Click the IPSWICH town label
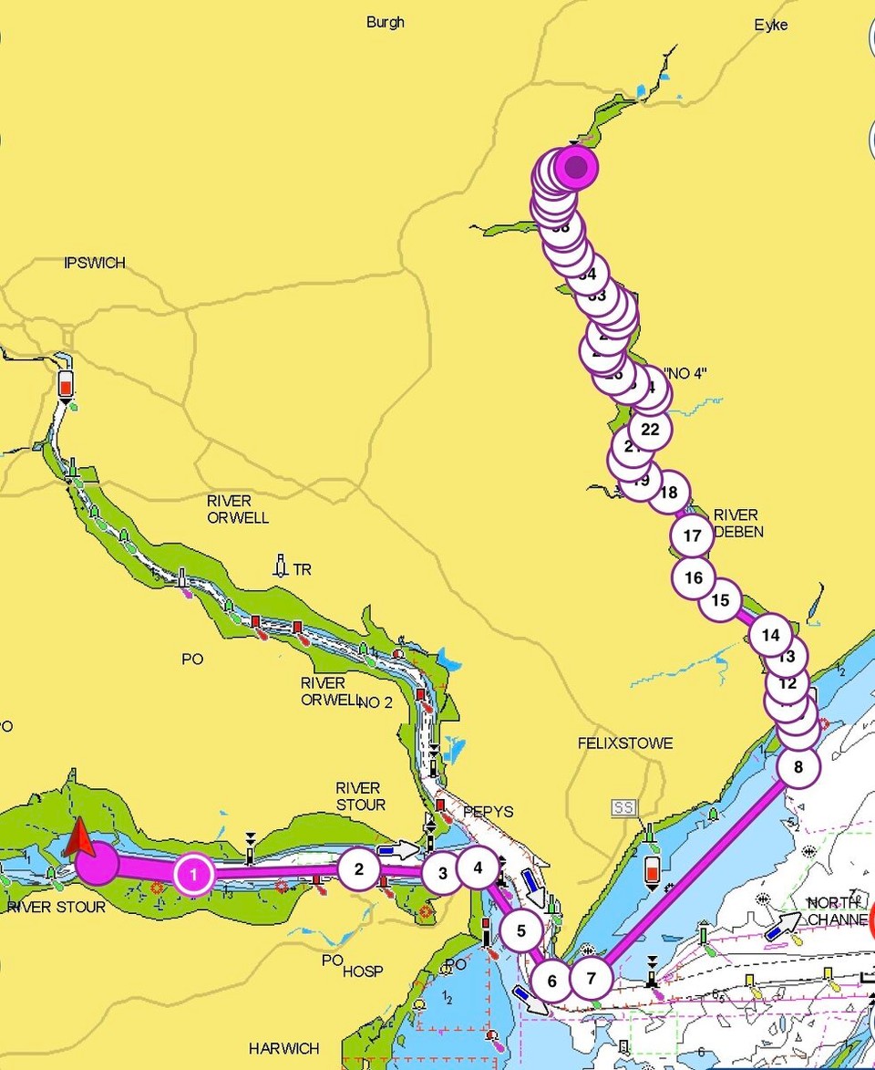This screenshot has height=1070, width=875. tap(95, 263)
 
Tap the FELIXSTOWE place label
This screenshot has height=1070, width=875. tap(625, 743)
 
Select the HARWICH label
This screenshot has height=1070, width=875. tap(283, 1048)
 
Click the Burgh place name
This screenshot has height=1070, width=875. tap(386, 22)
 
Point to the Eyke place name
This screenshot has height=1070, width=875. tap(771, 26)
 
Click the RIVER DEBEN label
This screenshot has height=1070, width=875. tap(738, 523)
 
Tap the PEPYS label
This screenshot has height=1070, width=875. tap(488, 811)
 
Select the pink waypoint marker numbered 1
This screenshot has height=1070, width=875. tap(193, 875)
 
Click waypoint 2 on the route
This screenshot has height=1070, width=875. tap(359, 869)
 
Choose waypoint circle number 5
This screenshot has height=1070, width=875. tap(521, 931)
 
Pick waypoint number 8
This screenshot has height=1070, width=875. tap(798, 767)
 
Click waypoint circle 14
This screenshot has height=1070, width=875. tap(771, 635)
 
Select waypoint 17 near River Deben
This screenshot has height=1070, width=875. tap(693, 535)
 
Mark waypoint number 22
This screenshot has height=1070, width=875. tap(650, 429)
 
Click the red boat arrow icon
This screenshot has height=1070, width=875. tap(79, 837)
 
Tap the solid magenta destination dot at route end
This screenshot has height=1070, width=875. tap(575, 167)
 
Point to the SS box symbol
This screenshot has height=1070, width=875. tap(624, 807)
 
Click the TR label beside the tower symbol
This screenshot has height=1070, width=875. tap(302, 570)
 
